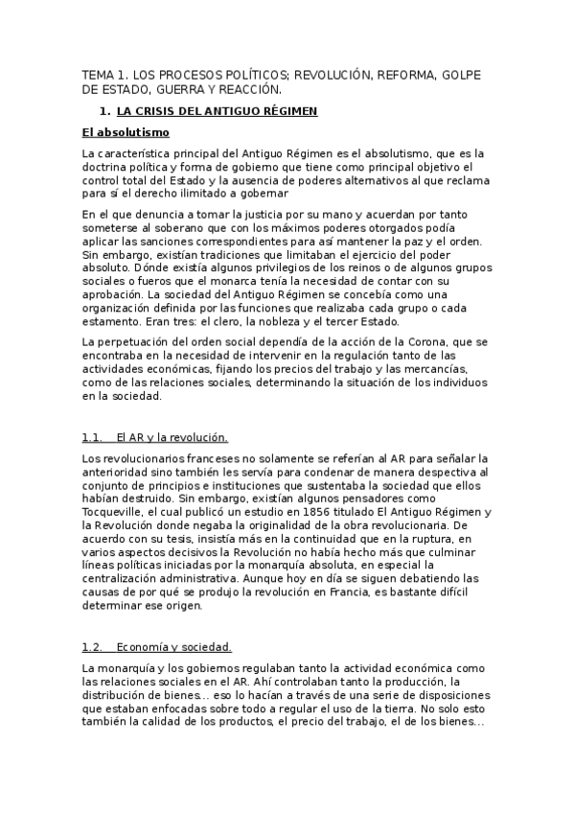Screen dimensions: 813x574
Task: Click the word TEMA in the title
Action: pos(97,74)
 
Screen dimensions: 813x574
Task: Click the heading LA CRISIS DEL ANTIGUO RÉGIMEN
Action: pos(217,111)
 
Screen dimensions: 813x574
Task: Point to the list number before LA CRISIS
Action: pos(105,111)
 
